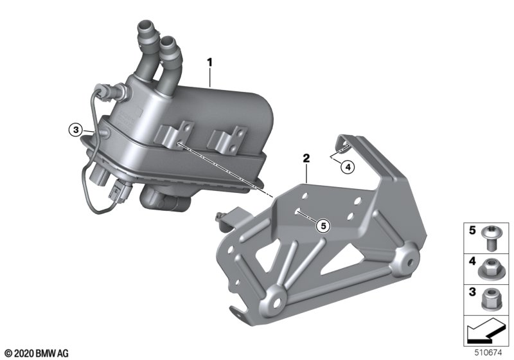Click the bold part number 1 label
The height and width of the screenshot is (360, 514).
[x=210, y=62]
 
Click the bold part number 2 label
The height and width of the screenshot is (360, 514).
[x=306, y=159]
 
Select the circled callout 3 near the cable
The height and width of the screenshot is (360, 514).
[x=76, y=130]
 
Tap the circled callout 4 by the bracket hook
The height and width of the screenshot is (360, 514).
[x=348, y=167]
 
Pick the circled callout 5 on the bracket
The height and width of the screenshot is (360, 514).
[x=323, y=226]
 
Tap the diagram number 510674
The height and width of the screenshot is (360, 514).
[x=488, y=353]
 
